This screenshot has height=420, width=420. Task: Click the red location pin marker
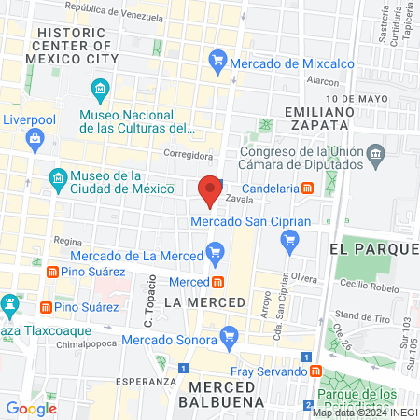[x=211, y=189]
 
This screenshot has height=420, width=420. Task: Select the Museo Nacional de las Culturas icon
[x=100, y=91]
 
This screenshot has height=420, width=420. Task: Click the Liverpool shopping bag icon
[x=35, y=140]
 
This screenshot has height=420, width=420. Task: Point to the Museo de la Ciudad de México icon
[x=58, y=177]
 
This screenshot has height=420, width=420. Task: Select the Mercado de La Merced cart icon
[x=217, y=250]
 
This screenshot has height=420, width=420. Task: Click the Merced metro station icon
[x=217, y=282]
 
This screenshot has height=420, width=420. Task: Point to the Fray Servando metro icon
[x=315, y=371]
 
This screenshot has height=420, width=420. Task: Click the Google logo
[x=31, y=408]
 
